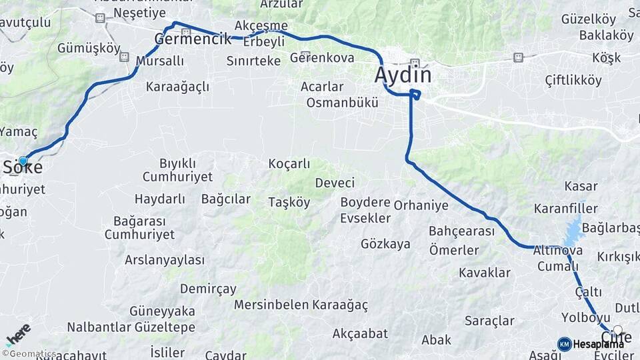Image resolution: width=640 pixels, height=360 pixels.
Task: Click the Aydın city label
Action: click(403, 75)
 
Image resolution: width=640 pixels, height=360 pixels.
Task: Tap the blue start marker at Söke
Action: click(23, 161)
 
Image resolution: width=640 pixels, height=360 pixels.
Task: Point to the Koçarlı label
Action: click(289, 163)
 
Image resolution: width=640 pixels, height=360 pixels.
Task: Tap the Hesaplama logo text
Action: click(598, 344)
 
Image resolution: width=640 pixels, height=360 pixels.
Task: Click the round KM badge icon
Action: click(564, 344)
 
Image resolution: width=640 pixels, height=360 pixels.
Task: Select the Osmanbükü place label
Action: click(342, 103)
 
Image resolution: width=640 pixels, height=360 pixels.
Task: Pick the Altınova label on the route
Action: click(558, 251)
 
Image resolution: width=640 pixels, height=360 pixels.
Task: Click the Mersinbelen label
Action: click(271, 305)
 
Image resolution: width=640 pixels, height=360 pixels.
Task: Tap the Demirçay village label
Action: click(208, 289)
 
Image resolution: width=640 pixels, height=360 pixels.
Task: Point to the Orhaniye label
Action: click(421, 205)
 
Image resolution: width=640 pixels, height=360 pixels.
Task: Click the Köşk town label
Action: click(607, 58)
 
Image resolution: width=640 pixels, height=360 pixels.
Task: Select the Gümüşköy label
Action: click(89, 49)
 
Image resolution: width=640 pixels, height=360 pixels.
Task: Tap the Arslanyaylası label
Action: click(165, 259)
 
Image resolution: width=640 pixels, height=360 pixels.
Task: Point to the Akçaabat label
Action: click(360, 333)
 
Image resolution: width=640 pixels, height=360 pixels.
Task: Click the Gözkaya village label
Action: click(385, 244)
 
